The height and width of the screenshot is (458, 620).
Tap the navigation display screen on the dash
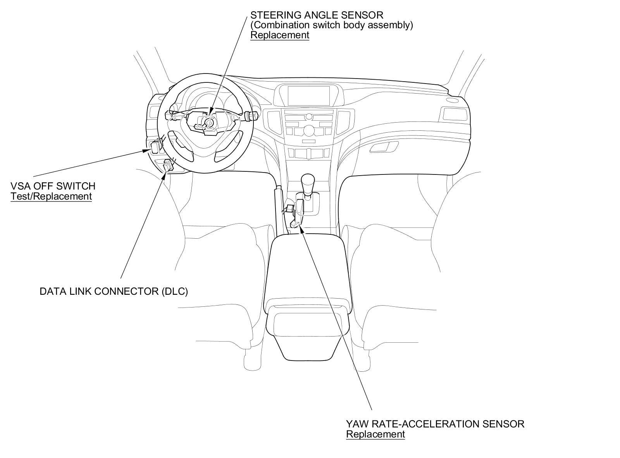pos(308,96)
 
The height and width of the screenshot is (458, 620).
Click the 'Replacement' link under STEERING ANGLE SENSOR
pos(279,35)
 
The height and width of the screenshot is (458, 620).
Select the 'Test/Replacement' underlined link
pos(51,196)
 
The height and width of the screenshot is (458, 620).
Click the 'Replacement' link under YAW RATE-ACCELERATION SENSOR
pos(375,434)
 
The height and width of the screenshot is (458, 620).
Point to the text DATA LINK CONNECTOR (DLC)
pos(114,291)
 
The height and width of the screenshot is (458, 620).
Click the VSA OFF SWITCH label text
pos(53,186)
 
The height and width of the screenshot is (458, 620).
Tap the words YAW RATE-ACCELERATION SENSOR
pos(435,424)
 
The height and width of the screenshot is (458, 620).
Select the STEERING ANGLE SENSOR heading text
pos(317,15)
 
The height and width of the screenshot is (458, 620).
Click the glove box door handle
pos(384,147)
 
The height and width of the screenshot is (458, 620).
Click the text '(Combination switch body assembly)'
pos(332,25)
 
